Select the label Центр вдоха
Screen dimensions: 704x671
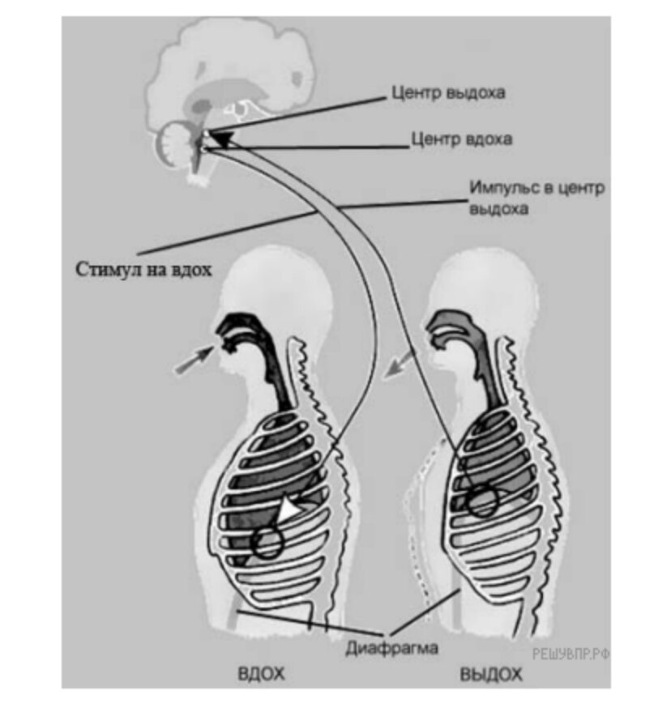[461, 139]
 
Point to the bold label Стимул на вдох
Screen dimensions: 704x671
[144, 268]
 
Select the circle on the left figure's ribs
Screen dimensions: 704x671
[267, 542]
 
